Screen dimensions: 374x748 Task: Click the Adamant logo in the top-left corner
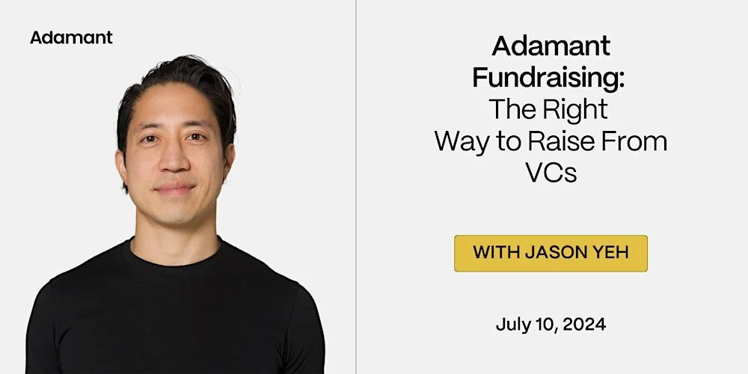click(x=71, y=37)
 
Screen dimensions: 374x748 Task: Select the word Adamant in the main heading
click(x=551, y=47)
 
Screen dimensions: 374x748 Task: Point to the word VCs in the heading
click(x=551, y=173)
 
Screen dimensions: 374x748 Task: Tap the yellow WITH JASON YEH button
click(x=551, y=253)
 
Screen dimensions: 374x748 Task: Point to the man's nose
click(x=173, y=160)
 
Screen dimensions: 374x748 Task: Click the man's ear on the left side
click(x=120, y=161)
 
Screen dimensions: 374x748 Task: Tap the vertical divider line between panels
click(x=356, y=187)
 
